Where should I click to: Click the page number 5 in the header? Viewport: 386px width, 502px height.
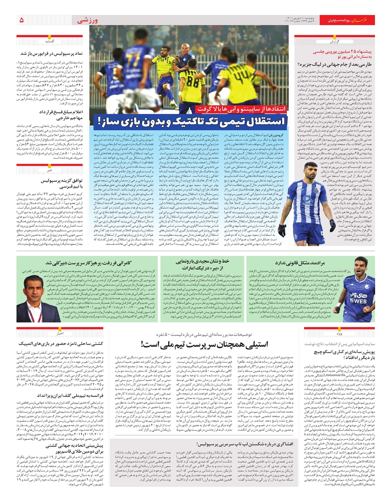click(22, 20)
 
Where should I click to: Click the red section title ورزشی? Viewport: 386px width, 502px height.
click(87, 21)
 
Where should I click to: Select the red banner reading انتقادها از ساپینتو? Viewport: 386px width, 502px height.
click(241, 109)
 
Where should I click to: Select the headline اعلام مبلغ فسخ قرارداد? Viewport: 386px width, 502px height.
click(61, 115)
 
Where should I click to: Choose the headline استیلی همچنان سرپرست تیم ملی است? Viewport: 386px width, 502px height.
click(204, 344)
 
